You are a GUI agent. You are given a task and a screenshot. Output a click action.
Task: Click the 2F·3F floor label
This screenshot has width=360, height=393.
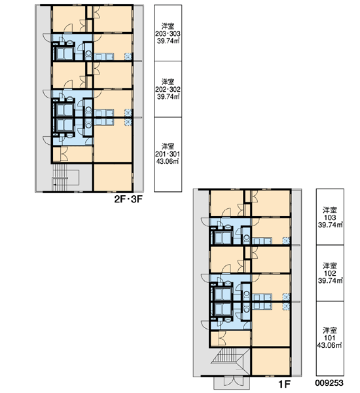tap(128, 199)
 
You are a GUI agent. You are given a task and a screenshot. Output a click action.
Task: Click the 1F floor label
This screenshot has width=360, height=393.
tap(285, 383)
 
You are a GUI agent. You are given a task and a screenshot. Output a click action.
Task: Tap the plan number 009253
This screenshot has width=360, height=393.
tap(329, 383)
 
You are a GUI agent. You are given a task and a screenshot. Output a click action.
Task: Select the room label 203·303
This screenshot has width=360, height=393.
tap(168, 33)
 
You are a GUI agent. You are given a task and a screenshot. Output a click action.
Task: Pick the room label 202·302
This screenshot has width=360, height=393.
tap(168, 89)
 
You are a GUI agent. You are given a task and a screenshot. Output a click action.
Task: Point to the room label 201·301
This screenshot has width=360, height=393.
tap(168, 154)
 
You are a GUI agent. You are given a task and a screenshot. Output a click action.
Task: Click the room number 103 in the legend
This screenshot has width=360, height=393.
tap(330, 217)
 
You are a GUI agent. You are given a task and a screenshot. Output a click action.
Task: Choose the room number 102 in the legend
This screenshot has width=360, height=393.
tap(330, 273)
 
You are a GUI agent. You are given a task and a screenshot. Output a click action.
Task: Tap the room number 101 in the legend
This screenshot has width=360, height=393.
tap(330, 338)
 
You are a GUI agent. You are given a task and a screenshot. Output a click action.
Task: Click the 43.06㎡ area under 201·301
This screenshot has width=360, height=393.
tap(168, 161)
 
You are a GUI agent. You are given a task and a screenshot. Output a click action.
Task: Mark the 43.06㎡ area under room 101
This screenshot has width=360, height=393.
tap(330, 345)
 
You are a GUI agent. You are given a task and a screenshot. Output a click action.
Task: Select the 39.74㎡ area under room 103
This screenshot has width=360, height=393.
tap(330, 225)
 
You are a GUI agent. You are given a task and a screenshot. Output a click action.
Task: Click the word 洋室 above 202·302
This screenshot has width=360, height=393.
tap(168, 82)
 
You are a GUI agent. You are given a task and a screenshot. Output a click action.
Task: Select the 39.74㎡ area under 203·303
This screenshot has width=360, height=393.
tap(168, 41)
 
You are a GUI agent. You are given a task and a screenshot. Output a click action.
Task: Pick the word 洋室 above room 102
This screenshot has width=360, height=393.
tap(330, 266)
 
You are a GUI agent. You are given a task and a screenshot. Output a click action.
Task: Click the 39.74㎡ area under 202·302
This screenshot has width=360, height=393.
tap(168, 96)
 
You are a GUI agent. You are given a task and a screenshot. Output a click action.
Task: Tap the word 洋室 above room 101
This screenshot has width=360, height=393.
tap(330, 330)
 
